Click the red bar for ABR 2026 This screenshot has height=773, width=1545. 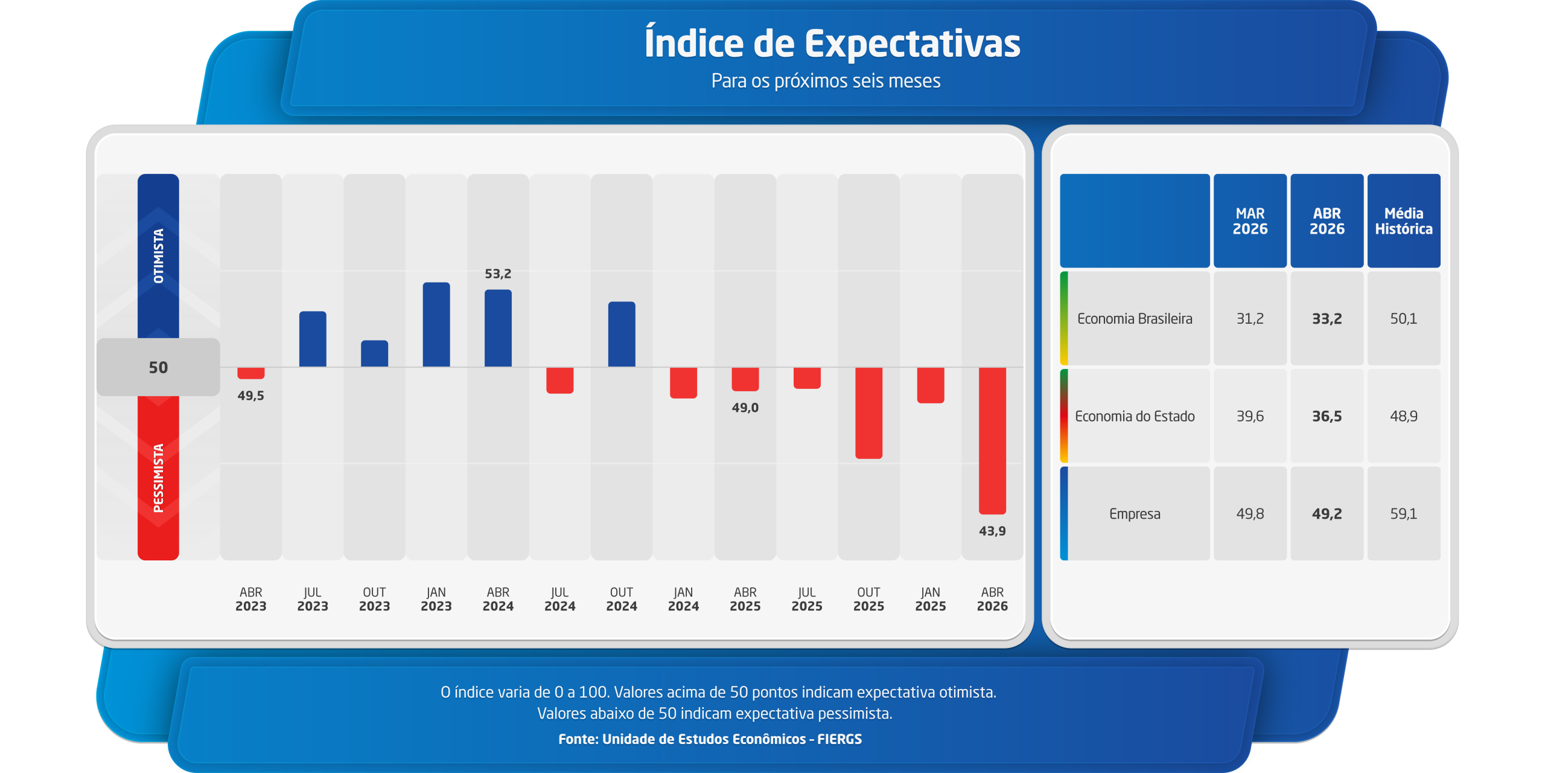(992, 440)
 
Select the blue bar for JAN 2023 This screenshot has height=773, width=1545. (436, 324)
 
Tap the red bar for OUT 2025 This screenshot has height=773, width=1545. (868, 412)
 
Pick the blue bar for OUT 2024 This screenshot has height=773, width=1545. (622, 334)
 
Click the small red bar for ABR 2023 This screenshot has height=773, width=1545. (251, 373)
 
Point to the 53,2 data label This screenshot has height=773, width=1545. (498, 274)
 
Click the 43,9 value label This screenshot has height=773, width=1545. (992, 531)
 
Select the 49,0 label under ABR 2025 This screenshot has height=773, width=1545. (745, 408)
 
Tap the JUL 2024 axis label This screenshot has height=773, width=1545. (560, 599)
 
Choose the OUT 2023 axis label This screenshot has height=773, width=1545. (374, 599)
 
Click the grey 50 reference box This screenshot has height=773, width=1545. (158, 367)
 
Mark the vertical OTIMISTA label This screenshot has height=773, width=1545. (158, 256)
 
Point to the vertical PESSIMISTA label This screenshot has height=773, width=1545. (158, 478)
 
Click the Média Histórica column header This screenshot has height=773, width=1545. (1404, 221)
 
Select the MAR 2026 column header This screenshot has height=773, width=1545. (1250, 221)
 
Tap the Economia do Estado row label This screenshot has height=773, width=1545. (1135, 416)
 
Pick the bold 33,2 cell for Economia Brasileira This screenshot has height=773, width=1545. (1327, 318)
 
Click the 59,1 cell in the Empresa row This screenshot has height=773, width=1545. (1404, 513)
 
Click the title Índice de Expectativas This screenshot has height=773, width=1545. (832, 43)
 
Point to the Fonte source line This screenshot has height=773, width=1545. (710, 739)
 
